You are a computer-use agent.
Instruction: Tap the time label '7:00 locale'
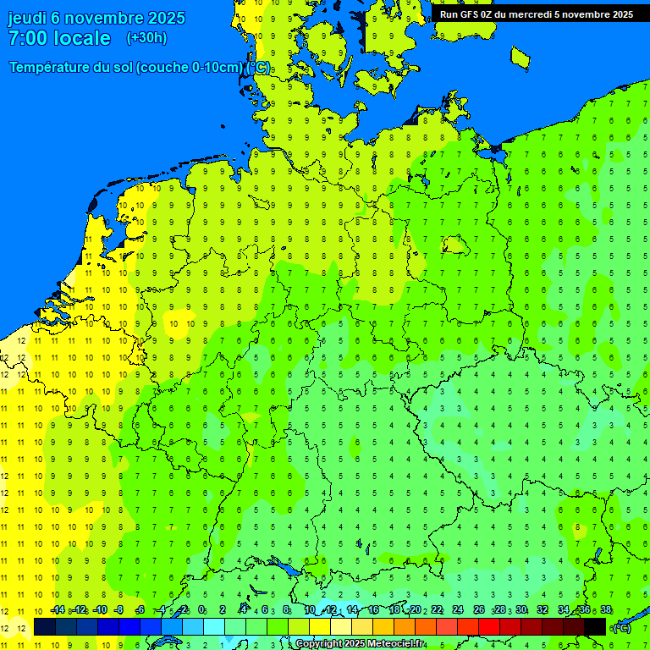(x=59, y=38)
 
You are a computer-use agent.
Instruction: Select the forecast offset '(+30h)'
(x=146, y=38)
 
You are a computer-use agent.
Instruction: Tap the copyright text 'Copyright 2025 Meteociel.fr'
(x=360, y=644)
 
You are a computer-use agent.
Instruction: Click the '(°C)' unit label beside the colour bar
(x=621, y=627)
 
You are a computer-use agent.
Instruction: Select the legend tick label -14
(x=58, y=610)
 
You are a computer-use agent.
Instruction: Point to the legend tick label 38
(x=605, y=610)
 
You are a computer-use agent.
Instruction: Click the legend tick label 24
(x=457, y=610)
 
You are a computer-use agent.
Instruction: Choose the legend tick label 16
(x=373, y=610)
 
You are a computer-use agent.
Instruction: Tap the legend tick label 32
(x=542, y=610)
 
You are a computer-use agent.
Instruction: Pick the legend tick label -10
(x=99, y=610)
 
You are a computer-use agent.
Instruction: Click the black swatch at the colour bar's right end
(x=595, y=626)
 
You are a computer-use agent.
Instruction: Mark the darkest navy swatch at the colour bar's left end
(x=45, y=626)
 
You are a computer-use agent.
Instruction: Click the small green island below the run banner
(x=520, y=57)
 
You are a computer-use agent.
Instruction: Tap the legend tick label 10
(x=310, y=610)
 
